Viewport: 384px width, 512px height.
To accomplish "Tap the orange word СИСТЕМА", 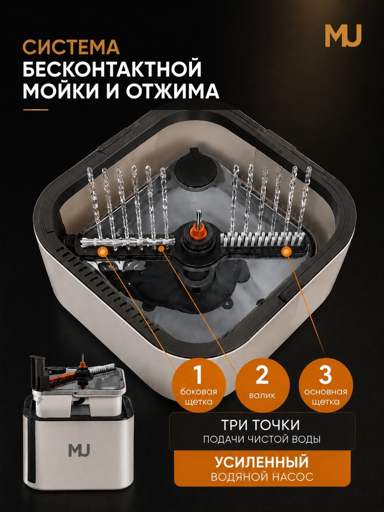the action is (x=71, y=47).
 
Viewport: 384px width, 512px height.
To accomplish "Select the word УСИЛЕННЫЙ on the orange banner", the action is (x=262, y=455).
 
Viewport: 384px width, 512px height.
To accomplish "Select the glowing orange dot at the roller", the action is (x=160, y=248).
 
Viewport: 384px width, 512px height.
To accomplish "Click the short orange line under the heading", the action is (x=36, y=109).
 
